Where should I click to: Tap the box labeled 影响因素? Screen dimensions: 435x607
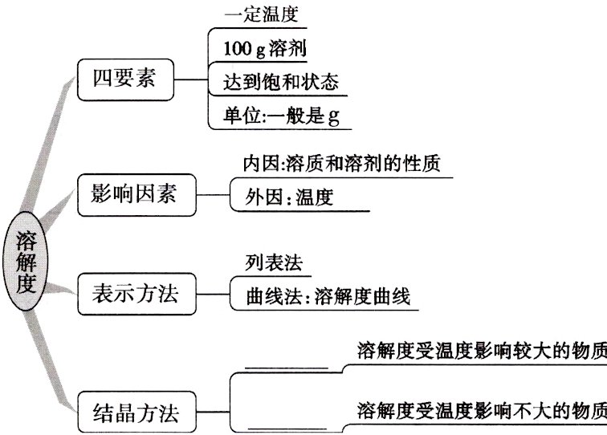pos(138,193)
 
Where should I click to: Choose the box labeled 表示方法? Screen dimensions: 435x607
pos(138,296)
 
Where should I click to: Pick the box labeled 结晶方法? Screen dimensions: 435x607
pos(138,414)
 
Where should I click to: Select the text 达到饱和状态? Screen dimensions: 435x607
pos(281,81)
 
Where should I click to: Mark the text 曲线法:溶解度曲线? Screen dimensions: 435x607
pos(328,297)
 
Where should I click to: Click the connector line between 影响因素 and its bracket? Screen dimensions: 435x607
pos(214,193)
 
